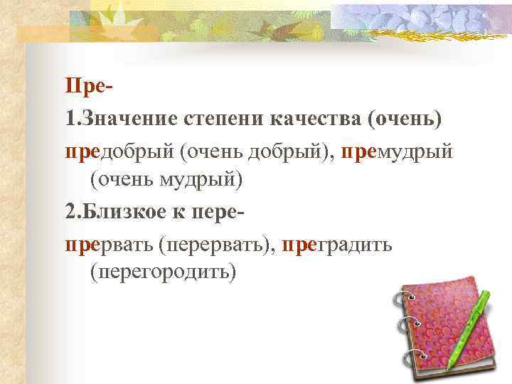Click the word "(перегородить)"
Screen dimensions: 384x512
coord(162,274)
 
